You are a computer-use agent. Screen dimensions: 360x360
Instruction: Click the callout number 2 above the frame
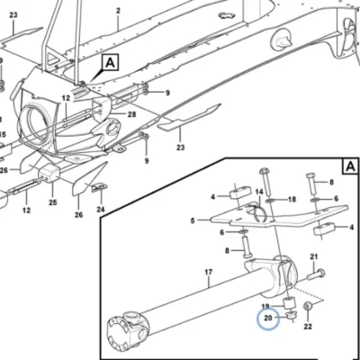pyautogui.click(x=118, y=11)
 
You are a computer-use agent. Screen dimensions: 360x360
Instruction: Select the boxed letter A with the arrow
pyautogui.click(x=111, y=62)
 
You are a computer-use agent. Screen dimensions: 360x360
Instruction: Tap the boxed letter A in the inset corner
pyautogui.click(x=350, y=166)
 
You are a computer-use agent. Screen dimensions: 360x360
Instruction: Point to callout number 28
pyautogui.click(x=131, y=114)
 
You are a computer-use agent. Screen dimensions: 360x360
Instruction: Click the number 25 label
pyautogui.click(x=53, y=202)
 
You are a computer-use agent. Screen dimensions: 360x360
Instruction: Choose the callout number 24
pyautogui.click(x=101, y=209)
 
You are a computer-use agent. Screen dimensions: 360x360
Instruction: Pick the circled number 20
pyautogui.click(x=267, y=318)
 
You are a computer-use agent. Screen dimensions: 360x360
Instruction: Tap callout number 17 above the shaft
pyautogui.click(x=209, y=272)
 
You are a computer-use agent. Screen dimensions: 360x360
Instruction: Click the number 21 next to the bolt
pyautogui.click(x=313, y=256)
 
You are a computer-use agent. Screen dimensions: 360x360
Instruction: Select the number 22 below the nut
pyautogui.click(x=308, y=326)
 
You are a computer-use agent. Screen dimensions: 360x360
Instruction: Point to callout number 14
pyautogui.click(x=259, y=192)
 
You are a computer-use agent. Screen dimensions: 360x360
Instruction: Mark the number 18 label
pyautogui.click(x=292, y=199)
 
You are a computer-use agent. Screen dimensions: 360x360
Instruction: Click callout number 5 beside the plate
pyautogui.click(x=193, y=220)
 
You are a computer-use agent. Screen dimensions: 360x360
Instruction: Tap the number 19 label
pyautogui.click(x=265, y=307)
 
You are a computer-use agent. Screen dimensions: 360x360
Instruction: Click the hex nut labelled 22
pyautogui.click(x=308, y=307)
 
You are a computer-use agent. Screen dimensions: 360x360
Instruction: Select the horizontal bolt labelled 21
pyautogui.click(x=316, y=274)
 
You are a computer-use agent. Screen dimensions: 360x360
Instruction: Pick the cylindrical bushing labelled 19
pyautogui.click(x=289, y=302)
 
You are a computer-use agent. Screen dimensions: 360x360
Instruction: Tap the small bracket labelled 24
pyautogui.click(x=97, y=187)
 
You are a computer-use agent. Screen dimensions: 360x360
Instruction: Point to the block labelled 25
pyautogui.click(x=49, y=174)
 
